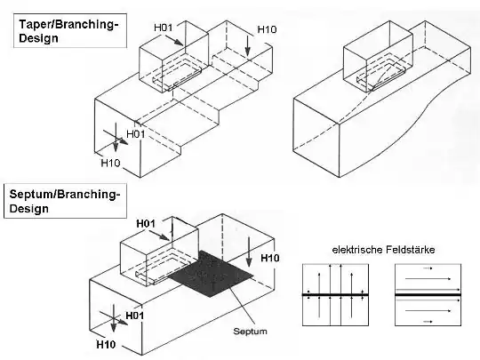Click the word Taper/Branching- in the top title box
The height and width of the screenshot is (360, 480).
point(68,24)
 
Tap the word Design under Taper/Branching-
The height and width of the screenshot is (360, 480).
point(38,38)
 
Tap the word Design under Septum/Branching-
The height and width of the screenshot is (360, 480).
point(28,209)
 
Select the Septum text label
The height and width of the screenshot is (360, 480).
point(250,331)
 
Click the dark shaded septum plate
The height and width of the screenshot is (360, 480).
point(212,274)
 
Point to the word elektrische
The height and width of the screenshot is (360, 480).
point(357,250)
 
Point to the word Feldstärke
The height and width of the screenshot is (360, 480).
point(410,250)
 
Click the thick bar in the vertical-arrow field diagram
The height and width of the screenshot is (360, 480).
point(335,294)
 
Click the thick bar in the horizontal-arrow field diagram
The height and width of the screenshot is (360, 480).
point(428,294)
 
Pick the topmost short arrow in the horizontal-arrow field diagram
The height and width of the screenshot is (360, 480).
point(428,268)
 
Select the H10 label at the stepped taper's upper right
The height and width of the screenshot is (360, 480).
point(267,29)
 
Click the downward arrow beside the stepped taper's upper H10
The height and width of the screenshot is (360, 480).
point(248,46)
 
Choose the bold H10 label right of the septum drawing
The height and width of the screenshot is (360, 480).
point(269,258)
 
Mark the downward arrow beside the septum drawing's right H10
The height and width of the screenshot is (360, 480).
point(249,252)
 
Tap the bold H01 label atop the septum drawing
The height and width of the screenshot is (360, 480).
point(146,224)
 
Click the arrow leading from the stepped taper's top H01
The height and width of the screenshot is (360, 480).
point(173,40)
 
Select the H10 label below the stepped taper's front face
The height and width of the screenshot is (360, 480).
point(110,163)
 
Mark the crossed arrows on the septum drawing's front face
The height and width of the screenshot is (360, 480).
point(114,318)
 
